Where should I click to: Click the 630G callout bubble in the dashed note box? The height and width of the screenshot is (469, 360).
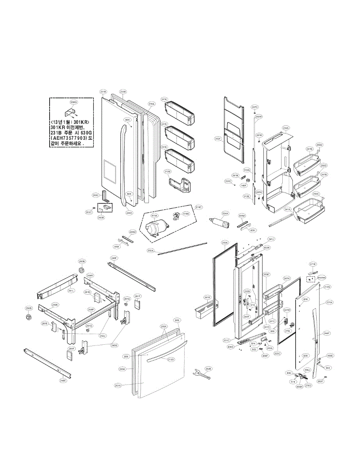(x=73, y=102)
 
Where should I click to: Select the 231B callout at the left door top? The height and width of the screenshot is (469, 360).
(x=103, y=92)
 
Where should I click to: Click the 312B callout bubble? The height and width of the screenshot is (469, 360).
(x=168, y=171)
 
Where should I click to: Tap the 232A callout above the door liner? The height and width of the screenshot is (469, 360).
(x=286, y=128)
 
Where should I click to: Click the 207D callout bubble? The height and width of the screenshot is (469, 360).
(x=254, y=107)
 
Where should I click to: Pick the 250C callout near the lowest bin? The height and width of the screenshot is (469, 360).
(x=315, y=193)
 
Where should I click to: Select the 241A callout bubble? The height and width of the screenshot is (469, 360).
(x=287, y=209)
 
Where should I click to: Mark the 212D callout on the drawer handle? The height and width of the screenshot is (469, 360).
(x=171, y=359)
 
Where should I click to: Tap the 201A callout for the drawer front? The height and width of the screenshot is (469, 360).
(x=118, y=385)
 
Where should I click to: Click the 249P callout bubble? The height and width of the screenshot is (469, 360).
(x=91, y=310)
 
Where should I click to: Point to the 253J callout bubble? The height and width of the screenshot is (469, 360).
(x=103, y=336)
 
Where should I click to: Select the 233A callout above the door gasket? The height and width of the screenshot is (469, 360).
(x=225, y=243)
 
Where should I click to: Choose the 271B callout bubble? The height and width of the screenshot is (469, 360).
(x=313, y=264)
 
